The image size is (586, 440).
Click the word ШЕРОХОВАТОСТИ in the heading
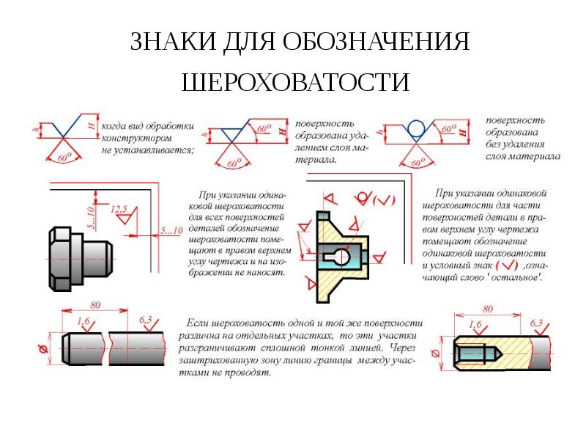click(x=296, y=82)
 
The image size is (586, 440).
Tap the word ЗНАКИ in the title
click(x=174, y=41)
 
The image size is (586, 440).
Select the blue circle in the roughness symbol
click(x=415, y=128)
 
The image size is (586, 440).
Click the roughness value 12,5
click(x=119, y=209)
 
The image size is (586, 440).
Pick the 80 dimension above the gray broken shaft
click(x=95, y=305)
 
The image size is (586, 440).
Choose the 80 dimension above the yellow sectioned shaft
click(x=488, y=309)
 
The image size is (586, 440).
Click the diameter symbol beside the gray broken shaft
click(x=43, y=350)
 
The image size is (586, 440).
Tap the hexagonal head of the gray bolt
click(x=61, y=259)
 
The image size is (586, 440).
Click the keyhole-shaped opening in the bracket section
click(x=337, y=257)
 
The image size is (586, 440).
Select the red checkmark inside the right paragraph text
click(x=507, y=265)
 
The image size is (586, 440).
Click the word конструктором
click(x=137, y=139)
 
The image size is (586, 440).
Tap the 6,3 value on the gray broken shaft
click(x=145, y=320)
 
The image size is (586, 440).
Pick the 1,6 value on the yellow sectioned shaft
click(x=475, y=324)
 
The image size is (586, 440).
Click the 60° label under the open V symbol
click(x=64, y=158)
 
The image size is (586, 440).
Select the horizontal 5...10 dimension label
click(x=171, y=230)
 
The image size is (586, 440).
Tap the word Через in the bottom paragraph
click(x=402, y=348)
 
